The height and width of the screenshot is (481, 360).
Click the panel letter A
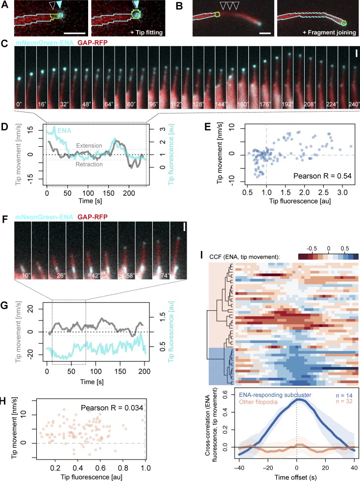coord(4,5)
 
